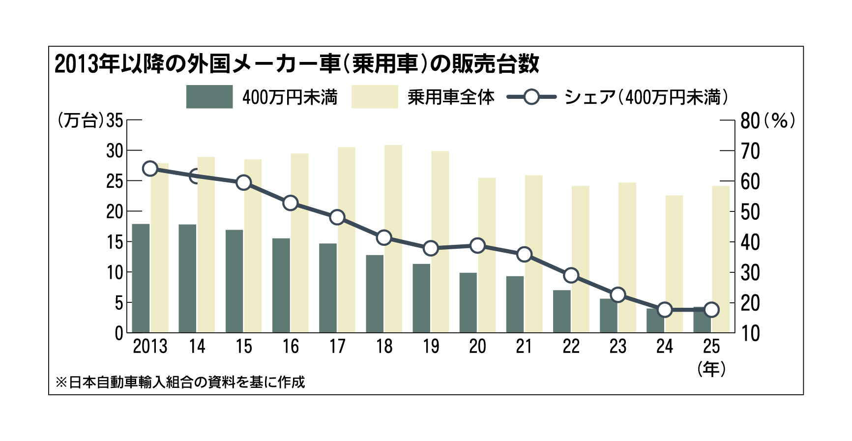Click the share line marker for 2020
[477, 246]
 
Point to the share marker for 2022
[571, 275]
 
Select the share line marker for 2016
[291, 203]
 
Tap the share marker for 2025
[711, 310]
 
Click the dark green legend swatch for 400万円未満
[209, 97]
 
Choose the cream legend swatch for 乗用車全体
[375, 97]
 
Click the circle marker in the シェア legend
[531, 97]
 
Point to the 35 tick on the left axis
[115, 120]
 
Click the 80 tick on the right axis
[750, 121]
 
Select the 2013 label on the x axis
[150, 347]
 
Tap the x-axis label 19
[431, 347]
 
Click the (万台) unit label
[81, 120]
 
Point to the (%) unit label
[780, 121]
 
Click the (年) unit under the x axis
[711, 369]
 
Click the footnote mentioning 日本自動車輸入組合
[180, 382]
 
